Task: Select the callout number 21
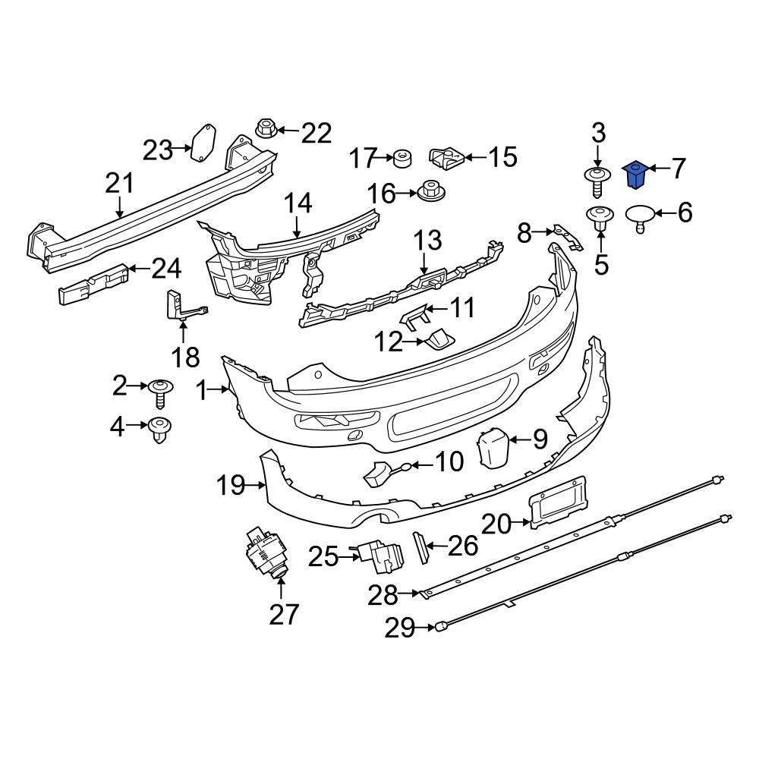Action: pos(119,184)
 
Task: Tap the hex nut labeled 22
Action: pos(266,131)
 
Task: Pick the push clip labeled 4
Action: pos(159,430)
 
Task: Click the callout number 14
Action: pos(298,203)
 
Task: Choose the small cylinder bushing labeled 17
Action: pos(402,159)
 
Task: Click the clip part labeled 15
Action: pos(447,159)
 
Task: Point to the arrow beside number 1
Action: pos(222,390)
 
